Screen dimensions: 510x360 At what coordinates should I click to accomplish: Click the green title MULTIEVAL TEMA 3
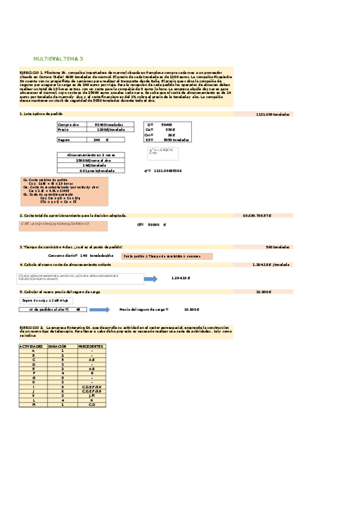[x=58, y=58]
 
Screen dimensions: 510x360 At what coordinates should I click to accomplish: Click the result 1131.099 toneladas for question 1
[x=273, y=114]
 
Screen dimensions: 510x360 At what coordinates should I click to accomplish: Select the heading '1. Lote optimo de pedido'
[x=40, y=113]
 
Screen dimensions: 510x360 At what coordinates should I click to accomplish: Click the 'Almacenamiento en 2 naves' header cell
[x=91, y=155]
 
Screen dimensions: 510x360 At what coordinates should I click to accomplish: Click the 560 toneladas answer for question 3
[x=278, y=247]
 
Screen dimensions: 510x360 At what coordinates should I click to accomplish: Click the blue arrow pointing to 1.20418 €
[x=150, y=278]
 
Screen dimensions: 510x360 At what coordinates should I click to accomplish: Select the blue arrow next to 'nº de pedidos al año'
[x=99, y=310]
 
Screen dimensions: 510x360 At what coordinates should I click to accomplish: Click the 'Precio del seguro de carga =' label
[x=144, y=310]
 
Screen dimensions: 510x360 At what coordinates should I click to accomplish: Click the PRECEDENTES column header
[x=91, y=347]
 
